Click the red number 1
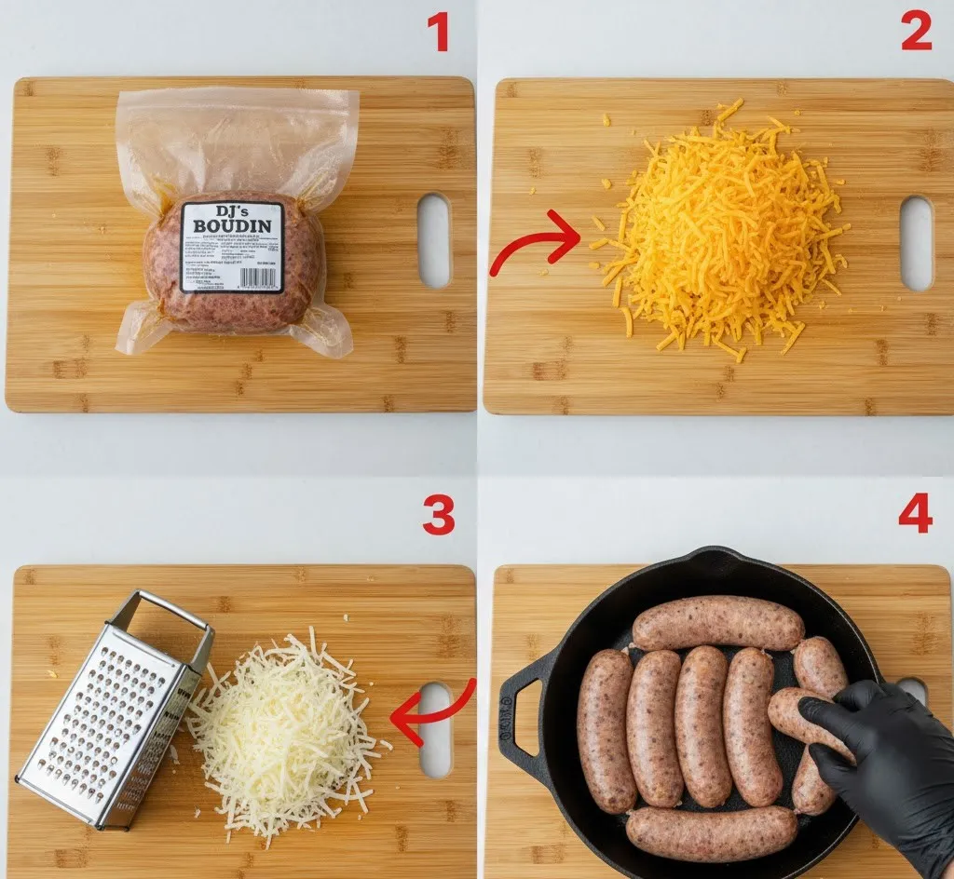438,33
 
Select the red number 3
438,515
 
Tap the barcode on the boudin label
258,277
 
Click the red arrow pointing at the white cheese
432,711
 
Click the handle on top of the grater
163,615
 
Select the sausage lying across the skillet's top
717,623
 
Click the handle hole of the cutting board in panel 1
434,240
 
